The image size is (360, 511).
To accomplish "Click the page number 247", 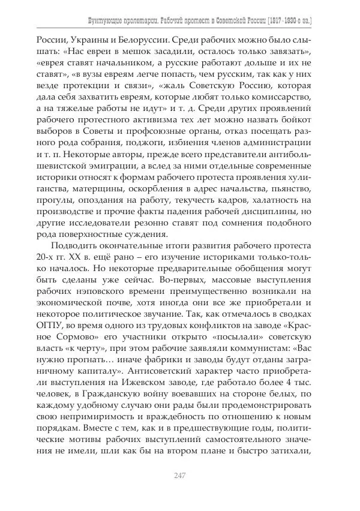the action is coord(180,476).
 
